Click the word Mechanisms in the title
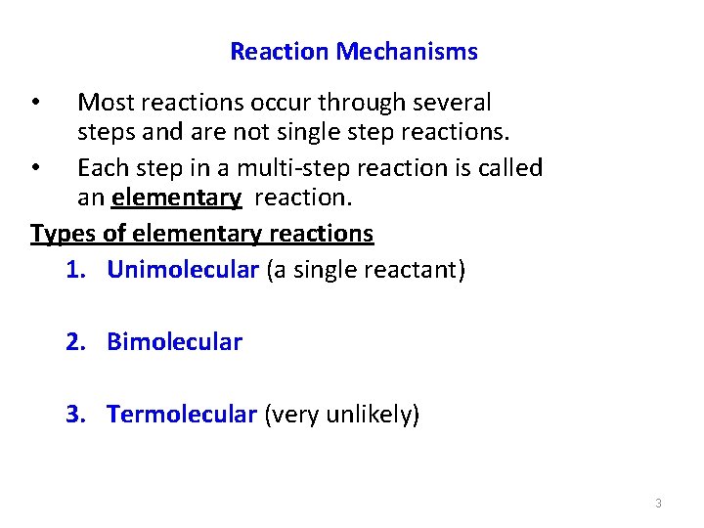[x=407, y=52]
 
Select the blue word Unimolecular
[x=182, y=269]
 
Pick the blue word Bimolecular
[x=174, y=341]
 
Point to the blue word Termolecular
[x=182, y=415]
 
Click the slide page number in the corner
[x=658, y=503]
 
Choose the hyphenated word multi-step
[x=298, y=167]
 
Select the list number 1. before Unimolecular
[x=77, y=269]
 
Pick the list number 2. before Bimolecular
[x=77, y=341]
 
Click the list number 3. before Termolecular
[x=77, y=415]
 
